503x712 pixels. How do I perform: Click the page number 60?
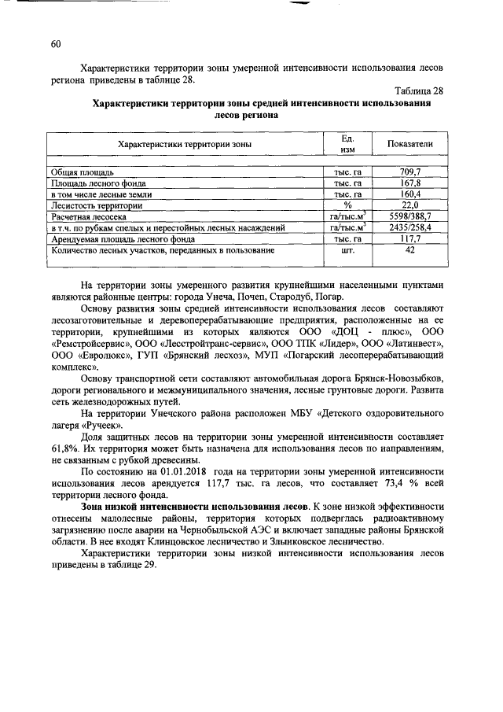[55, 44]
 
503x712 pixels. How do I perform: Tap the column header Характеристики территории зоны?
[185, 145]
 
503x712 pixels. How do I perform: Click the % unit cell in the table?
[347, 205]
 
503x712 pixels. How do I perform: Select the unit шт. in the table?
[347, 250]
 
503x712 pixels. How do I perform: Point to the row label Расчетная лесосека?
[88, 216]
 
